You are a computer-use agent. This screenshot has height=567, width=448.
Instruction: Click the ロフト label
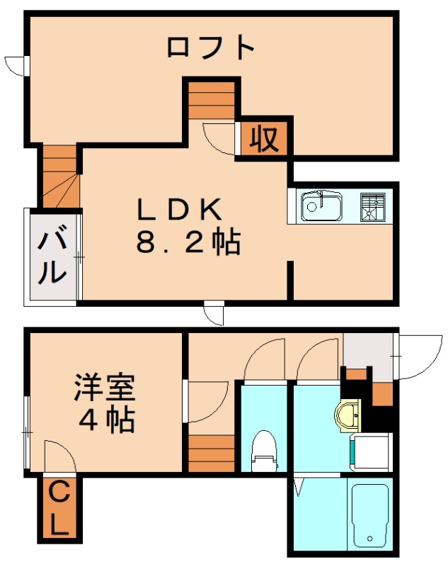210,47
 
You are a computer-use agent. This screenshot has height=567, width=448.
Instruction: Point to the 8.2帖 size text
188,243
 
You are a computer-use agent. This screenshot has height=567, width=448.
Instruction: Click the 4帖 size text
106,421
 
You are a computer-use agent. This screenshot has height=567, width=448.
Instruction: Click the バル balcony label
52,256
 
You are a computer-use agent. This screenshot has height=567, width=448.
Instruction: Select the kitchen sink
321,207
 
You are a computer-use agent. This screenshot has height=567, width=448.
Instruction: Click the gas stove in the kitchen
372,206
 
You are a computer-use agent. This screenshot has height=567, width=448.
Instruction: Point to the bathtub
369,515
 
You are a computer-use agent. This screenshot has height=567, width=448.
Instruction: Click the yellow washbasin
349,417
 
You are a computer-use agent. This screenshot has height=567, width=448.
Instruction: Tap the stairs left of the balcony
59,176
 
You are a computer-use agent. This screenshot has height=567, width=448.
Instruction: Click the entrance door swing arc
414,358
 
